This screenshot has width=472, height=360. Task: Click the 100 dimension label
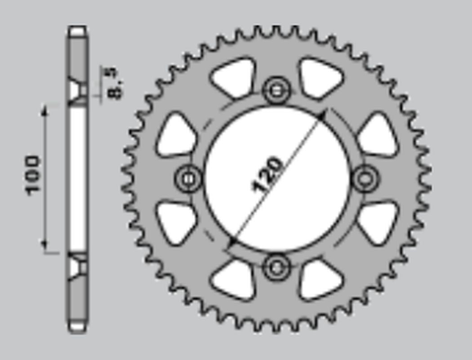coord(32,175)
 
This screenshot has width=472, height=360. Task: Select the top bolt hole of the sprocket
coord(276,90)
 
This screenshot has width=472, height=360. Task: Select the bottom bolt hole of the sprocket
coord(276,267)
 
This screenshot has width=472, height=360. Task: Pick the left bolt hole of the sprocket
coord(188,179)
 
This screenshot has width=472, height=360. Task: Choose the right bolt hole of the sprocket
coord(365,179)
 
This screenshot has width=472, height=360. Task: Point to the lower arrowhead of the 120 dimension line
coord(232,241)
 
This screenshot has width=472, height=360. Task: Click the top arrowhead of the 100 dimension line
coord(45,111)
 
